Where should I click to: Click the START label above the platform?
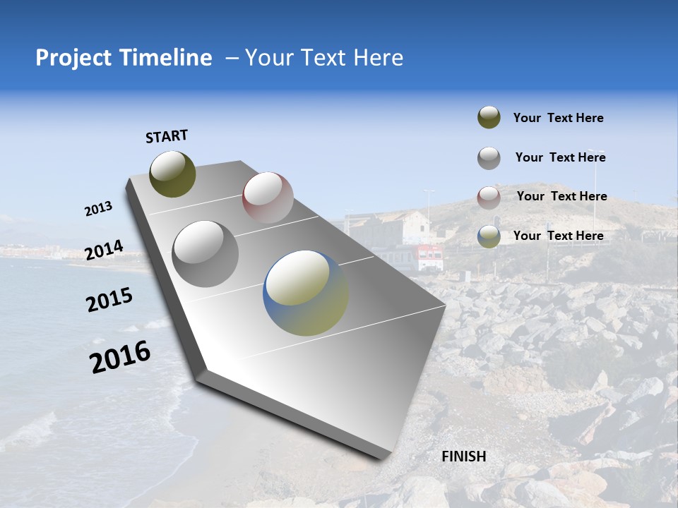[x=167, y=136]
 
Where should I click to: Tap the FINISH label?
[x=463, y=456]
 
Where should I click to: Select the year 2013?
[x=98, y=209]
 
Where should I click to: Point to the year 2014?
[x=104, y=250]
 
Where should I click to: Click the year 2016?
[x=120, y=356]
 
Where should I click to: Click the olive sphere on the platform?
[x=172, y=174]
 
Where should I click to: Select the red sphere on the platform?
[x=268, y=198]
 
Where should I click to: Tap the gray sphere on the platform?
[x=206, y=253]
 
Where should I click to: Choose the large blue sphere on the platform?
[x=306, y=293]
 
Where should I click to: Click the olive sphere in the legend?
[x=489, y=118]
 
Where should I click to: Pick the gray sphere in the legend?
[x=489, y=158]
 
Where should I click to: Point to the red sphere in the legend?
[x=489, y=198]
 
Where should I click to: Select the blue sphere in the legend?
[x=489, y=236]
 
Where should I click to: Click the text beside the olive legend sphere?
[x=558, y=118]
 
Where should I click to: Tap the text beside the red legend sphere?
[x=561, y=196]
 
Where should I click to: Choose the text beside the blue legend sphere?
[x=558, y=236]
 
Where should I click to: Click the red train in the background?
[x=429, y=257]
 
